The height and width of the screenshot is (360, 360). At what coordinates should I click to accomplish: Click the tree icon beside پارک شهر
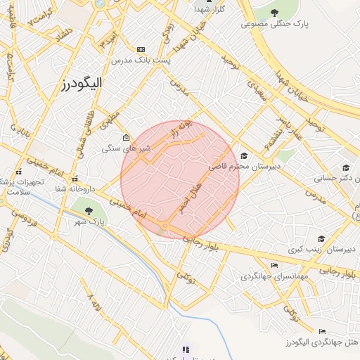pyautogui.click(x=87, y=209)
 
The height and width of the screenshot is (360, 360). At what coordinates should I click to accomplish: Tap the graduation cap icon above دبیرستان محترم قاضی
pyautogui.click(x=243, y=156)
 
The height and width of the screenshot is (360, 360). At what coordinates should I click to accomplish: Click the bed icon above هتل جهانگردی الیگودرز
pyautogui.click(x=322, y=330)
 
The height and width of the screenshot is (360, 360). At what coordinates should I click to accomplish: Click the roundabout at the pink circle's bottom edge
pyautogui.click(x=165, y=226)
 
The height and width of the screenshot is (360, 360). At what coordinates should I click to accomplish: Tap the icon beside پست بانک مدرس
pyautogui.click(x=141, y=49)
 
